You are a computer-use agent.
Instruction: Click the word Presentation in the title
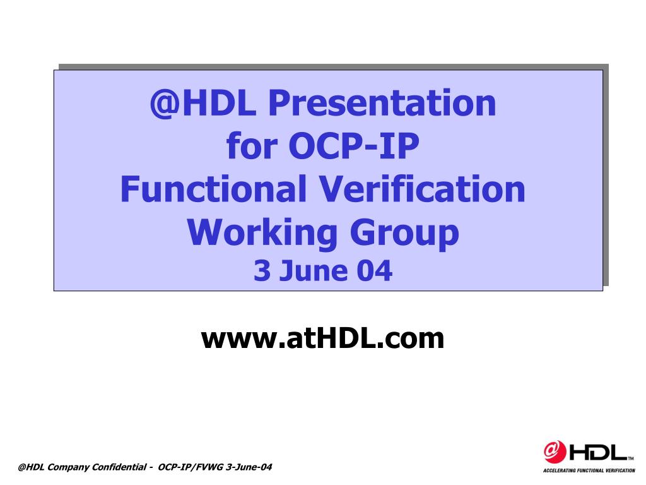click(382, 103)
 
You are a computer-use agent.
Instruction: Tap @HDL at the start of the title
click(203, 103)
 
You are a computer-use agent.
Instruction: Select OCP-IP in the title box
click(354, 146)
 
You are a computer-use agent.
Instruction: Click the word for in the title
click(252, 146)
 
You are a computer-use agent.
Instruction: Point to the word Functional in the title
click(213, 188)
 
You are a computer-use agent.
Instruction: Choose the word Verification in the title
click(422, 188)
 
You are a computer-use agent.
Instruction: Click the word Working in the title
click(262, 233)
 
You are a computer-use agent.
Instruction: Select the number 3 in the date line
click(262, 270)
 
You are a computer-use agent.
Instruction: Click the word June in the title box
click(313, 270)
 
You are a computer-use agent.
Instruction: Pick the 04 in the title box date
click(375, 270)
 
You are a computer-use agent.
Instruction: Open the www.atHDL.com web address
click(322, 338)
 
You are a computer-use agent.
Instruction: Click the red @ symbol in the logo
click(555, 452)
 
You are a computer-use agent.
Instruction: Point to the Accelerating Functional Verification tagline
click(589, 470)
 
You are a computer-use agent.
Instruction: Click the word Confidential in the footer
click(119, 467)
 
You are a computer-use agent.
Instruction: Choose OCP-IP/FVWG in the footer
click(191, 467)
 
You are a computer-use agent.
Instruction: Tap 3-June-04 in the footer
click(249, 467)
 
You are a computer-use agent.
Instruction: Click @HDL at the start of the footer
click(32, 467)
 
